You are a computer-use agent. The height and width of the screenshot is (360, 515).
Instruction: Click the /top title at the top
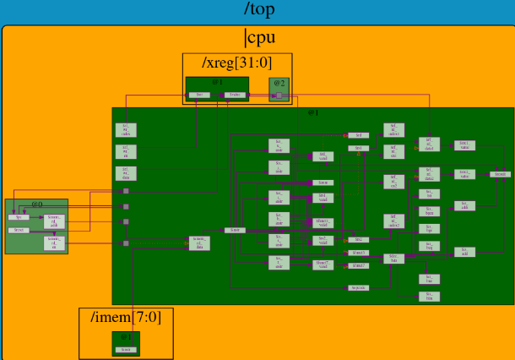pyautogui.click(x=257, y=9)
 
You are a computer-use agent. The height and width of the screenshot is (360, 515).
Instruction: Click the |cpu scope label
pyautogui.click(x=259, y=38)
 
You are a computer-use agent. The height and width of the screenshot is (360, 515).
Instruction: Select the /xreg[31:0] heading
pyautogui.click(x=236, y=63)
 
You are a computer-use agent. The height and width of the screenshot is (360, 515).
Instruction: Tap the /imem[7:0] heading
pyautogui.click(x=126, y=317)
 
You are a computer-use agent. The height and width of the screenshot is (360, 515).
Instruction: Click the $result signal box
pyautogui.click(x=500, y=174)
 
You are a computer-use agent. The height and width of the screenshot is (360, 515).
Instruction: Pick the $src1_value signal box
pyautogui.click(x=464, y=145)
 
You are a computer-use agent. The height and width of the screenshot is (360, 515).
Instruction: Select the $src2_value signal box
pyautogui.click(x=464, y=174)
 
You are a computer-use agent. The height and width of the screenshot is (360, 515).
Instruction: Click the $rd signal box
pyautogui.click(x=358, y=135)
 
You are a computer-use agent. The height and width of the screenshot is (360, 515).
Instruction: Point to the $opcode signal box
pyautogui.click(x=358, y=288)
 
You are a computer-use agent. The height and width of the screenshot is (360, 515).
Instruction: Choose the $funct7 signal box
pyautogui.click(x=358, y=265)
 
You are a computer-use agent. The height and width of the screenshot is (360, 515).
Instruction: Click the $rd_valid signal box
pyautogui.click(x=322, y=155)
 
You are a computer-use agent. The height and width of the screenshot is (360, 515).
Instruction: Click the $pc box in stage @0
pyautogui.click(x=19, y=217)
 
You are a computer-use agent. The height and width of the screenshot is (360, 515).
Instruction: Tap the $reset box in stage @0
pyautogui.click(x=19, y=230)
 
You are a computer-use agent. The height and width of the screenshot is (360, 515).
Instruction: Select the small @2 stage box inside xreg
pyautogui.click(x=279, y=88)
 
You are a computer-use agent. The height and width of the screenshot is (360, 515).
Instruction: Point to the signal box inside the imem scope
pyautogui.click(x=126, y=349)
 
